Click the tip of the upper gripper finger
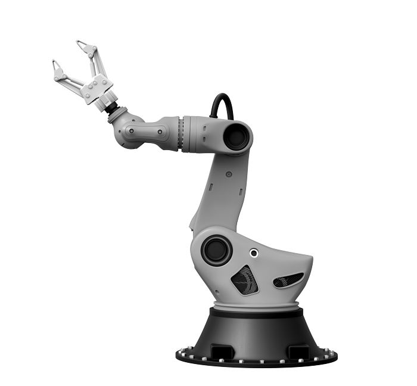click(x=79, y=43)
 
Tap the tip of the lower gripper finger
click(x=55, y=63)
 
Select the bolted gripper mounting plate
click(x=95, y=89)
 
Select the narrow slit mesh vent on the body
click(x=288, y=279)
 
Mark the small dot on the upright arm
click(x=229, y=175)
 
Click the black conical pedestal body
click(x=256, y=331)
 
